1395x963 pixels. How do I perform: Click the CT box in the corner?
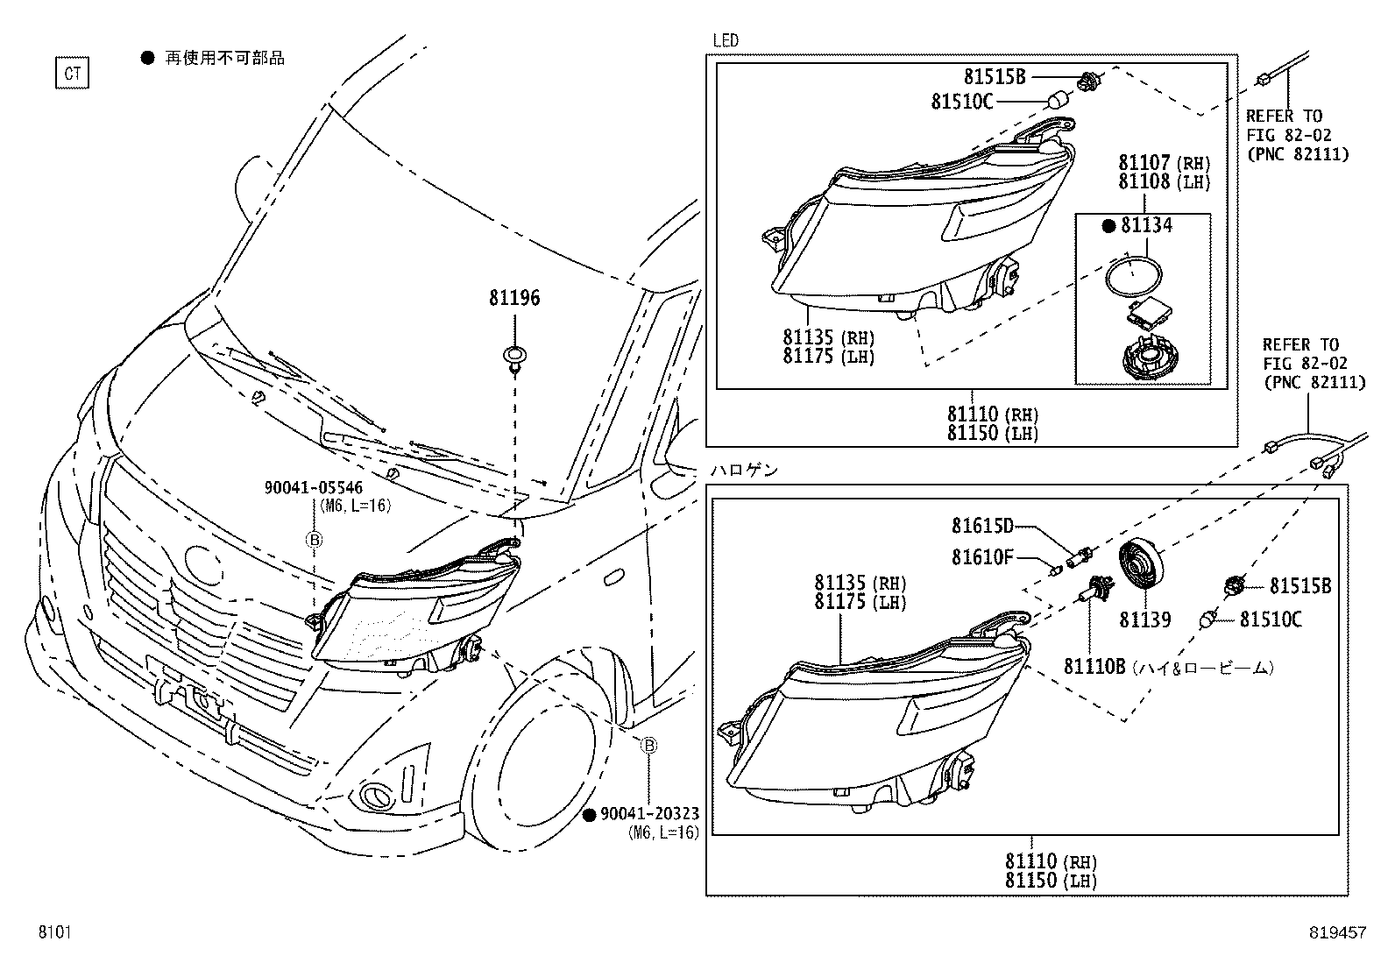pos(72,74)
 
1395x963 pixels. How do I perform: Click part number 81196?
pos(514,298)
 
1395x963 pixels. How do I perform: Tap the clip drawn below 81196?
pos(515,358)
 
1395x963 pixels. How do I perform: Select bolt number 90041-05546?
pos(313,488)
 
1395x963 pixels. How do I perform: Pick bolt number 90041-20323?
pos(649,815)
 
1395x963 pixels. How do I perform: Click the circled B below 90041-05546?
pos(314,540)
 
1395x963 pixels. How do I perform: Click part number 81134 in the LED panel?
pos(1146,226)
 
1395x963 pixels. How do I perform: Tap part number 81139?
pos(1144,620)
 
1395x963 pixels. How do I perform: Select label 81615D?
pos(982,526)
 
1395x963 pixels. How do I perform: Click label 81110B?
pos(1094,667)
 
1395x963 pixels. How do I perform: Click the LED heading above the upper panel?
pos(726,40)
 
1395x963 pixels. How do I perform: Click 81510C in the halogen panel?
pos(1271,620)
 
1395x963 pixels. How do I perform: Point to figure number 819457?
pos(1338,934)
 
